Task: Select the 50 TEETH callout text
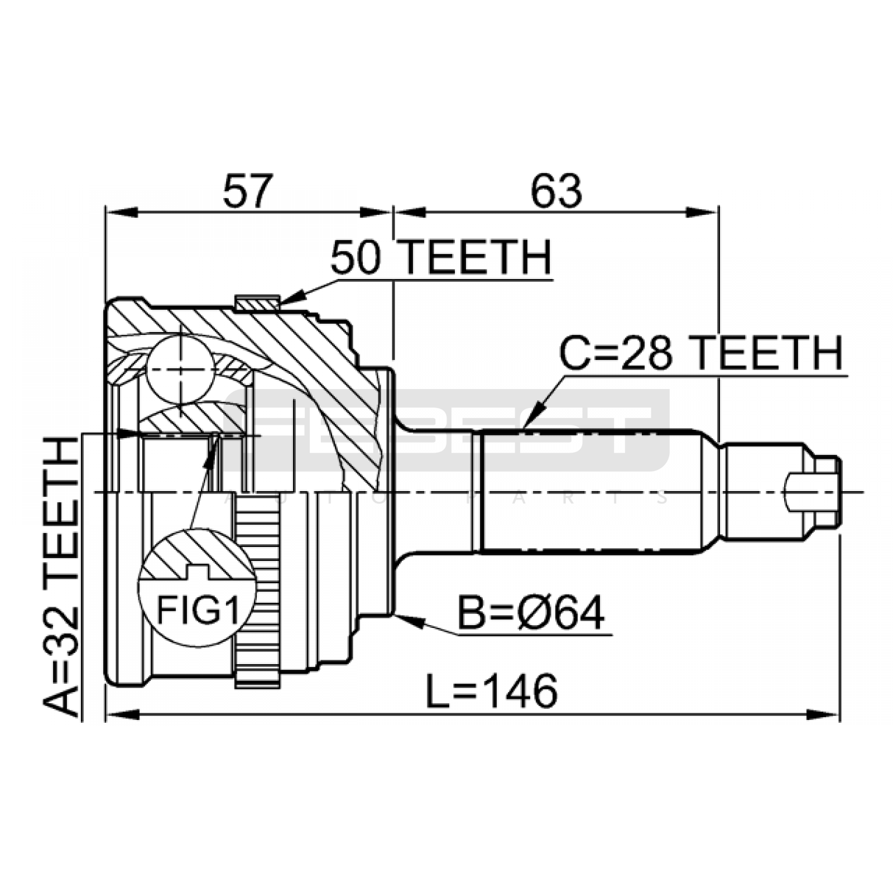(x=441, y=257)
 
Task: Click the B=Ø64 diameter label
(x=531, y=613)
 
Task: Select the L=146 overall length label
(x=492, y=690)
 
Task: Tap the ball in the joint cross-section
(x=181, y=369)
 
